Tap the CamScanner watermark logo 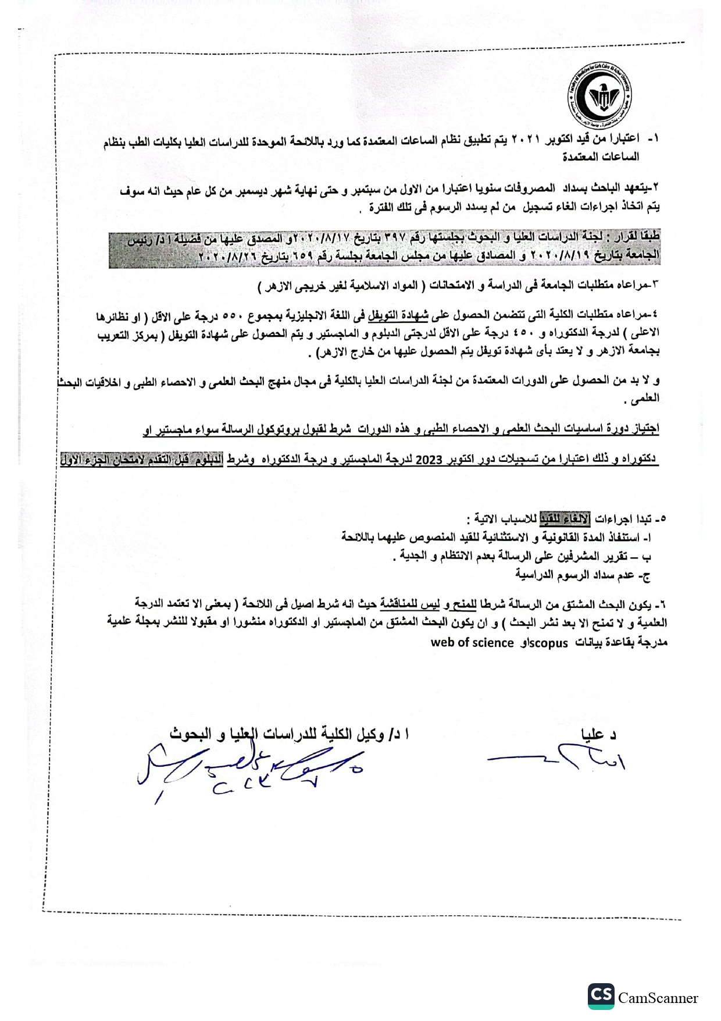click(643, 997)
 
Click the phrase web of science click(472, 643)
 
